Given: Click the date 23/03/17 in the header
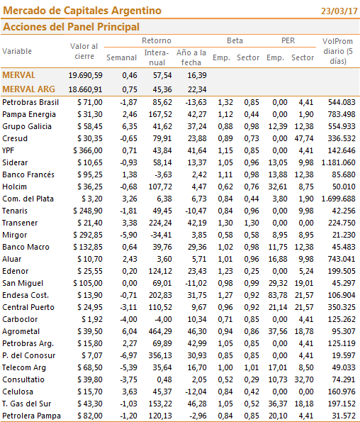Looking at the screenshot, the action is pos(339,11).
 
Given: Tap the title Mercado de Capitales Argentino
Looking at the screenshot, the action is pos(82,11).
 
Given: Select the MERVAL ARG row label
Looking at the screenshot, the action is pos(28,89).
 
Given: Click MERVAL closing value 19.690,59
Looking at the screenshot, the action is pos(85,75).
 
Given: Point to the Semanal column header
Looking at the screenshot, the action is pos(121,57).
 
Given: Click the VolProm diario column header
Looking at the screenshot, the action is pos(338,51).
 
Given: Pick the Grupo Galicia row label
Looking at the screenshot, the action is pos(27,126).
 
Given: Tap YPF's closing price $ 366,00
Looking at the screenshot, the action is pos(88,150).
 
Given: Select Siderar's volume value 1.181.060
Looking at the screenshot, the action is pos(338,162).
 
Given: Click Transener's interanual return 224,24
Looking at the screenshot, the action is pos(160,223).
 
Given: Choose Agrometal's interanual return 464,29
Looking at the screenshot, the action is pos(160,331).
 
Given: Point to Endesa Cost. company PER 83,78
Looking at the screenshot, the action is pos(278,295).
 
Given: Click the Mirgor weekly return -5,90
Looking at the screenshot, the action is pos(128,235).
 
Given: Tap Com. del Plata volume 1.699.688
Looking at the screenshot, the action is pos(338,199).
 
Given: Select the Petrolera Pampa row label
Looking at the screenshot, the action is pos(31,416).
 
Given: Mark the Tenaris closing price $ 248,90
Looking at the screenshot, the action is pos(88,211).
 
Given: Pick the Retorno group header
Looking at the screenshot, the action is pos(157,40).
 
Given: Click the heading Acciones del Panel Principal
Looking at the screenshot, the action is pos(71,27).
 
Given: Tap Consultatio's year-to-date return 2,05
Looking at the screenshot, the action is pos(199,379).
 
